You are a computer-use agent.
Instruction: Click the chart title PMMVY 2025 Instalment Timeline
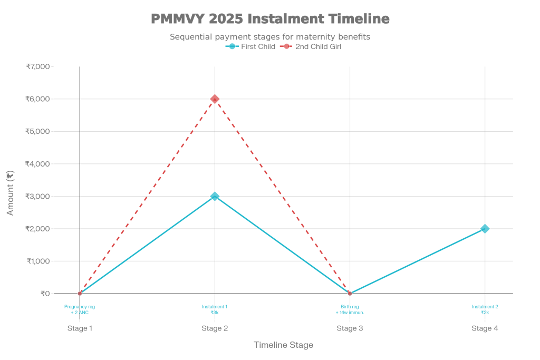[270, 19]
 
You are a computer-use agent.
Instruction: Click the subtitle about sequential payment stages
[270, 37]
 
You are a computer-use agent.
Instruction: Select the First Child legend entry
[251, 47]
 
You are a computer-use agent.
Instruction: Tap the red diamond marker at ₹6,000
[215, 99]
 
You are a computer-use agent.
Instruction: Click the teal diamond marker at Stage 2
[215, 196]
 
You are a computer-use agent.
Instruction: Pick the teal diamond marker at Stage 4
[485, 229]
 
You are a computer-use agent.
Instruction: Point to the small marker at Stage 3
[350, 294]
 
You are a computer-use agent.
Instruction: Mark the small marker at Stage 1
[80, 294]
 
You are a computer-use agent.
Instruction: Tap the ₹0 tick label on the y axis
[45, 294]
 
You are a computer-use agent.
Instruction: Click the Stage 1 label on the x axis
[80, 328]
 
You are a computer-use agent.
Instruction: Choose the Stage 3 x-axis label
[350, 328]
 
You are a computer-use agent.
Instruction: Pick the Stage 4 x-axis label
[485, 328]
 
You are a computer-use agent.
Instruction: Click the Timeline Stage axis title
[283, 345]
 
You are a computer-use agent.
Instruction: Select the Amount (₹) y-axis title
[11, 192]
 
